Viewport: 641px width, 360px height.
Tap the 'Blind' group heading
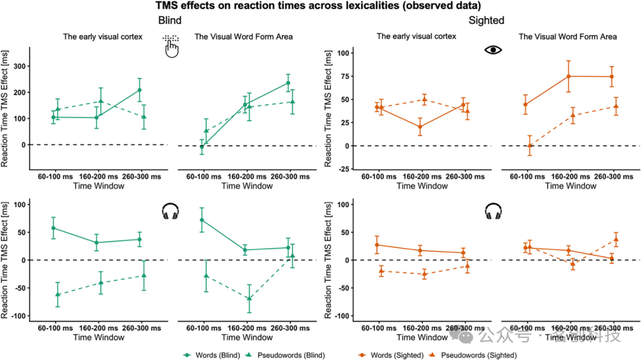point(170,21)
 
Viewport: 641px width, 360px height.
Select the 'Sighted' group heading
point(486,21)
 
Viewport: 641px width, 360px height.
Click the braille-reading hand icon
point(171,46)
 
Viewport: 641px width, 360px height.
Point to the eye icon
point(493,50)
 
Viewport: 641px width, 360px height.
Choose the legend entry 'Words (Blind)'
point(213,355)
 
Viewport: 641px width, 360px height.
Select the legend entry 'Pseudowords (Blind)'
point(289,355)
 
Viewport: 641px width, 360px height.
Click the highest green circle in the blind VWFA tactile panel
point(288,83)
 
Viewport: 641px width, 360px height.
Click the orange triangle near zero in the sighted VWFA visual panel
point(530,145)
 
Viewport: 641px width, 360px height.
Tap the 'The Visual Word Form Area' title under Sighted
point(567,37)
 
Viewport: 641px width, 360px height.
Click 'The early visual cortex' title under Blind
point(103,37)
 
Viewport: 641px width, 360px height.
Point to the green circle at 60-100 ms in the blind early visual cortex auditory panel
point(53,228)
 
